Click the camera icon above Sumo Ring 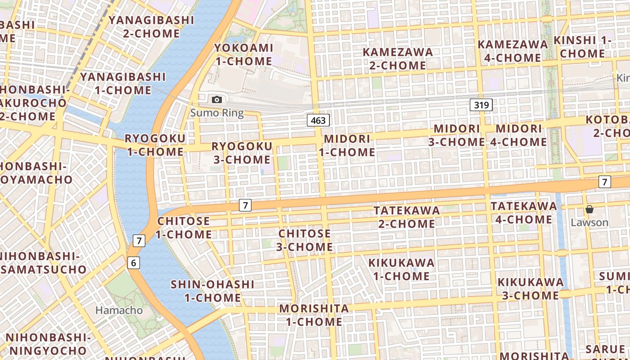(x=217, y=99)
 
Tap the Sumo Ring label (x=217, y=113)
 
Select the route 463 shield (x=319, y=120)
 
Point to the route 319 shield (x=481, y=105)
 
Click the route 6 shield (x=134, y=262)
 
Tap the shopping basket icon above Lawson (x=589, y=209)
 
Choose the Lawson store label (x=589, y=222)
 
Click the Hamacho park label (x=119, y=310)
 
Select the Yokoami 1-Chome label (x=243, y=54)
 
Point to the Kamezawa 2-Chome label (x=398, y=58)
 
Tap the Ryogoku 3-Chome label (x=242, y=153)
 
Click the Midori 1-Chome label (x=347, y=145)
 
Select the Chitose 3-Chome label (x=305, y=240)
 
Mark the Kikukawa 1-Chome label (x=401, y=269)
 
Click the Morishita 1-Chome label (x=314, y=315)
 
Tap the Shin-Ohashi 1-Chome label (x=212, y=291)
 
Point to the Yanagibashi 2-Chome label (x=151, y=27)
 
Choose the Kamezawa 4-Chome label (x=513, y=51)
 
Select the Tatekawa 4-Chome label (x=523, y=212)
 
